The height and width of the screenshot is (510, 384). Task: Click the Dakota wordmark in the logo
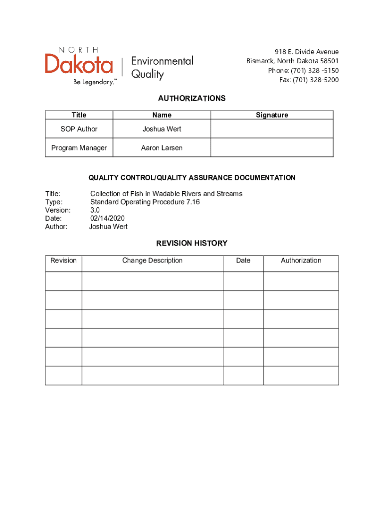click(x=79, y=64)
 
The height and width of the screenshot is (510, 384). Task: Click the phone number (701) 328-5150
click(x=303, y=70)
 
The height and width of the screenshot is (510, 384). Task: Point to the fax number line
click(x=309, y=80)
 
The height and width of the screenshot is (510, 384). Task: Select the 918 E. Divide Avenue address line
click(x=307, y=52)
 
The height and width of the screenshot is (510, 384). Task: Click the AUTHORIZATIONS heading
click(x=192, y=99)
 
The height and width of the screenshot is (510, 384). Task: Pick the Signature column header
click(x=272, y=115)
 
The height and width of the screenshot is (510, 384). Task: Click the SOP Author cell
click(x=79, y=129)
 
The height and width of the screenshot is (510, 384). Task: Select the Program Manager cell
click(x=79, y=148)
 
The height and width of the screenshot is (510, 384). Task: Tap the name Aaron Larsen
click(x=162, y=148)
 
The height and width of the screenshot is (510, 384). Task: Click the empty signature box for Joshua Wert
click(x=272, y=129)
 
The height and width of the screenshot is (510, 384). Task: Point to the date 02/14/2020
click(x=107, y=218)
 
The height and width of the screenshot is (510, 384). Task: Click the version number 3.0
click(x=95, y=210)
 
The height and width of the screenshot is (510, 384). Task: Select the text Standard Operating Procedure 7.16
click(x=145, y=202)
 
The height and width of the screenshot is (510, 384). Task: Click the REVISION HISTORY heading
click(x=192, y=244)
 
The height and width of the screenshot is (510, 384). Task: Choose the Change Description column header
click(x=152, y=260)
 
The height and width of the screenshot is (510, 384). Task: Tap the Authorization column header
click(x=301, y=260)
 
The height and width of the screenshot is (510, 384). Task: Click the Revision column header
click(x=63, y=260)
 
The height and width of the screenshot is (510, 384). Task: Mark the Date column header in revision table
click(x=243, y=260)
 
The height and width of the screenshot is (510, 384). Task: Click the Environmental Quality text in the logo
click(x=162, y=68)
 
